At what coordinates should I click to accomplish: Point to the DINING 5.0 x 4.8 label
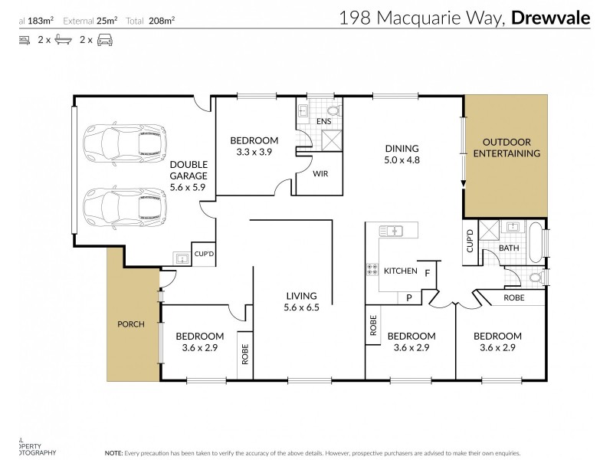(x=402, y=154)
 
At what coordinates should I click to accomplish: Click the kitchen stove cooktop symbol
(x=373, y=269)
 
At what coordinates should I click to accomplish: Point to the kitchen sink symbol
(x=392, y=229)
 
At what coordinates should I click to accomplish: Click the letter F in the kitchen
(x=428, y=272)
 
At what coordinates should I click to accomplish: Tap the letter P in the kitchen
(x=409, y=297)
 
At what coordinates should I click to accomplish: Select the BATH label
(x=510, y=249)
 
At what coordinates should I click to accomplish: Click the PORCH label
(x=131, y=324)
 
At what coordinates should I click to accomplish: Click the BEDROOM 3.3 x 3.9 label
(x=254, y=146)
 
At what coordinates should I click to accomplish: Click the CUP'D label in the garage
(x=204, y=254)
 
